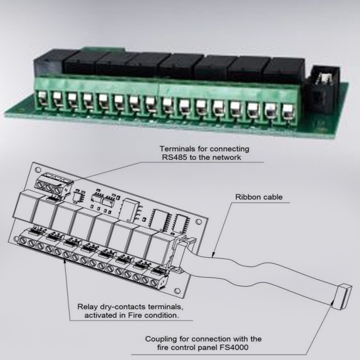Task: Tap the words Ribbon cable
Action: pos(259,197)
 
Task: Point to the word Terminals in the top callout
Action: pos(177,149)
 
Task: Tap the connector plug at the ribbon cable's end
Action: pos(342,297)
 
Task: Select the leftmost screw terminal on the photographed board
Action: pos(42,98)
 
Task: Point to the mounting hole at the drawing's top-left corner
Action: pos(38,170)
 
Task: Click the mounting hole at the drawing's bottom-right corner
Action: pos(177,291)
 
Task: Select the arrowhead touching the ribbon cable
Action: pos(213,255)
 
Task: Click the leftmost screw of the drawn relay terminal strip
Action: pos(23,240)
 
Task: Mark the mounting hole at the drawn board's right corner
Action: pos(199,222)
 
